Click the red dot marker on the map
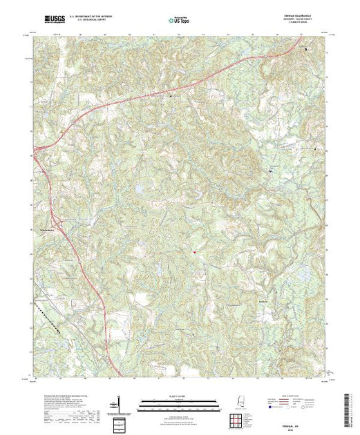(194, 252)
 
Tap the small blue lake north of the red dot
(138, 188)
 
